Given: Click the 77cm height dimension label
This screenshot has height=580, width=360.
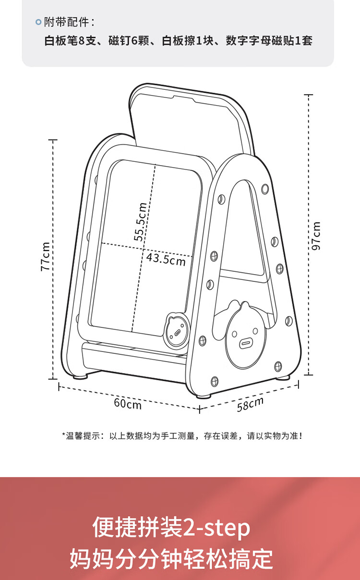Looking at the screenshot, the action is [45, 256].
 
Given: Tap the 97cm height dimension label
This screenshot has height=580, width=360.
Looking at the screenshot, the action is [316, 236].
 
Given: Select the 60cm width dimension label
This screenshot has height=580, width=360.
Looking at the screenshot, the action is [128, 404].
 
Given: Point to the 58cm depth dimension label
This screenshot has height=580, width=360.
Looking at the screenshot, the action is [250, 404].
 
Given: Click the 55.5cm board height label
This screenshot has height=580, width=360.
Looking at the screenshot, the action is [140, 222].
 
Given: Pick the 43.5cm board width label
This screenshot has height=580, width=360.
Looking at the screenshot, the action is [166, 259].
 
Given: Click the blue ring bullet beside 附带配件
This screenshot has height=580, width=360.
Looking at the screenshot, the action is [38, 22].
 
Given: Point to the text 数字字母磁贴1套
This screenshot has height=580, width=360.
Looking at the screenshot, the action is [269, 41].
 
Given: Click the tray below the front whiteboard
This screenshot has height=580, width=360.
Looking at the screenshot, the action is [134, 357].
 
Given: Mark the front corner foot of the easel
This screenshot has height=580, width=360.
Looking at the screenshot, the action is [204, 396].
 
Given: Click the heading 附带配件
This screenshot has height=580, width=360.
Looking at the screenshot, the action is [66, 22].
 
